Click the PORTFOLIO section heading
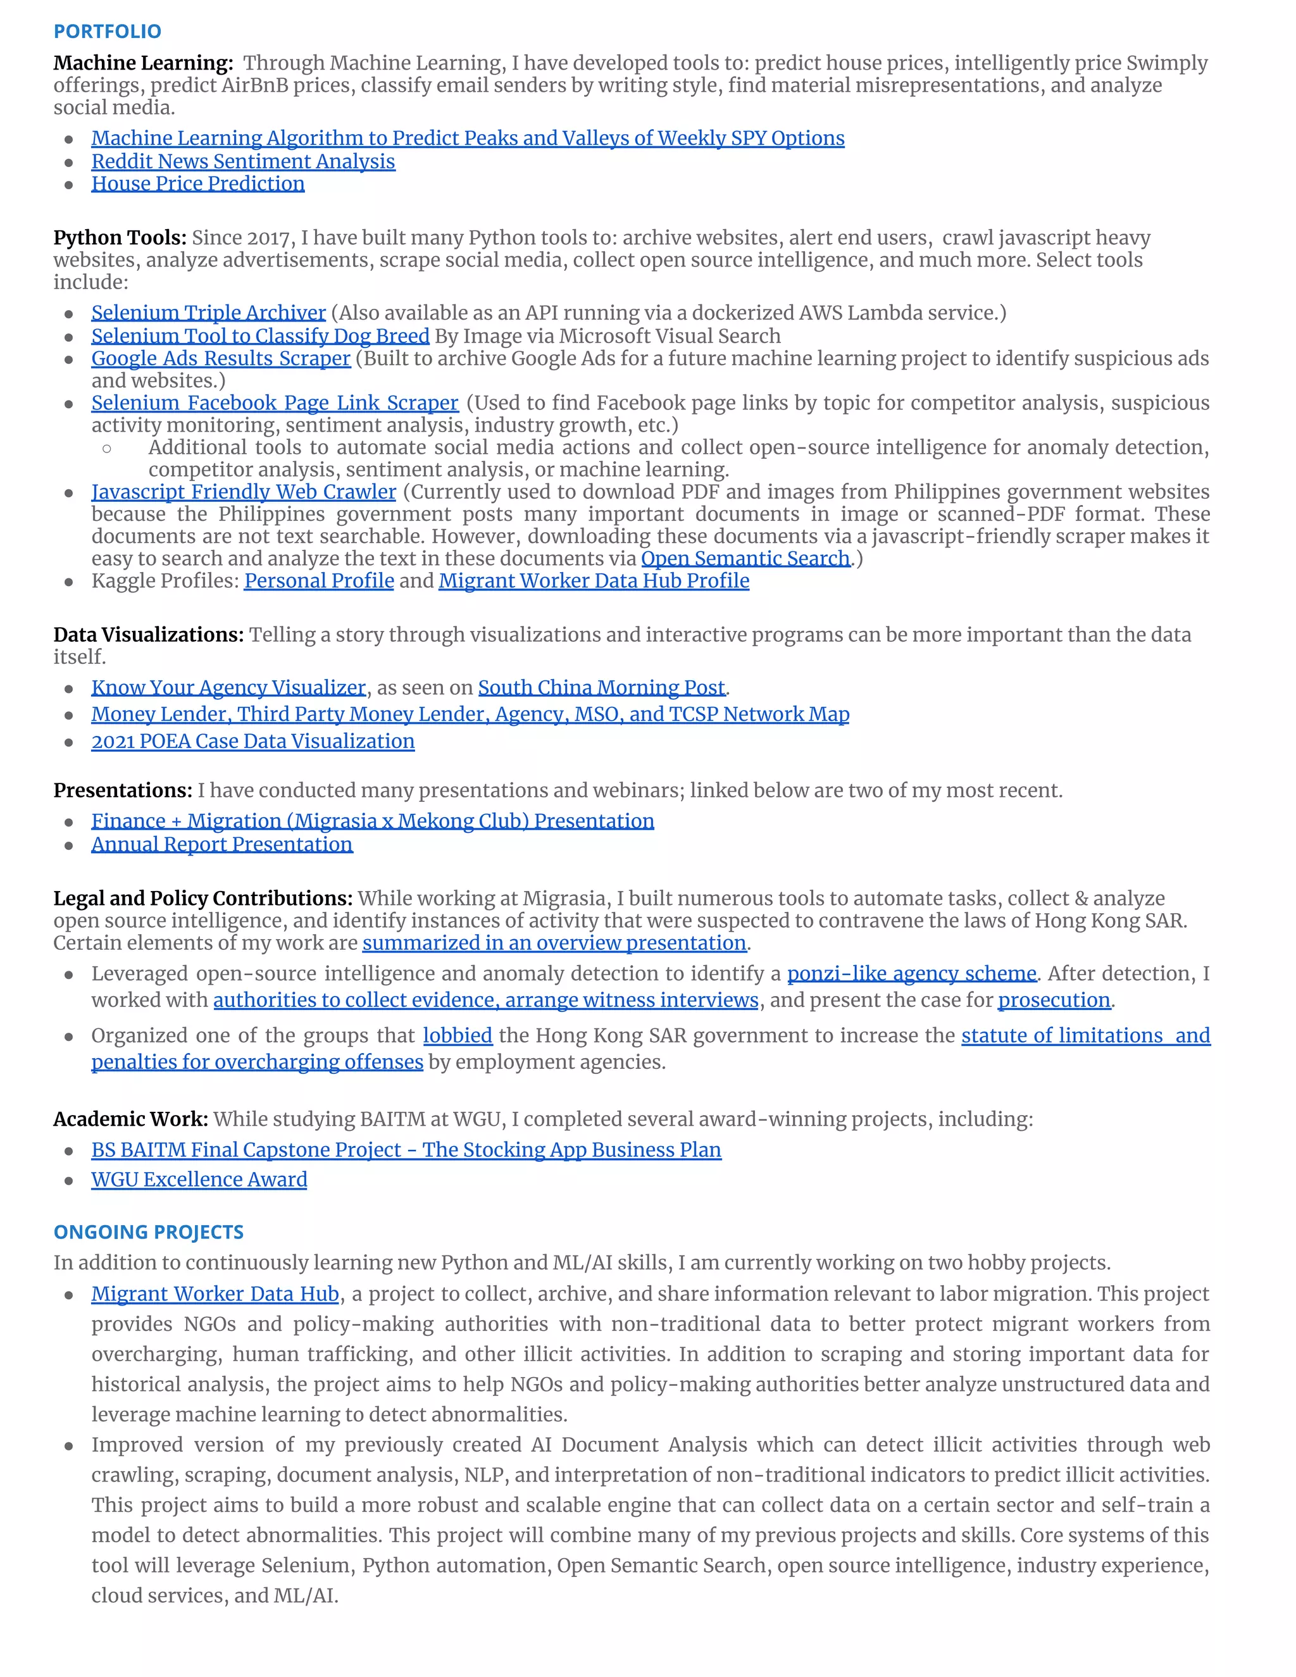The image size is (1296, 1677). tap(107, 32)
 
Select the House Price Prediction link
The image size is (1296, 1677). tap(197, 184)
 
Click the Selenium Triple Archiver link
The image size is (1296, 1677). tap(208, 313)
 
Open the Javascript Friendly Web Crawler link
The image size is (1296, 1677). tap(244, 492)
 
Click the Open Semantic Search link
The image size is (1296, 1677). tap(745, 558)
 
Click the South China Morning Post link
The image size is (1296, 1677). tap(601, 687)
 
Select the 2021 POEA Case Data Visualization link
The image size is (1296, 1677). tap(252, 741)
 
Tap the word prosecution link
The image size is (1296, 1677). tap(1054, 1000)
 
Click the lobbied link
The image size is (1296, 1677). tap(458, 1035)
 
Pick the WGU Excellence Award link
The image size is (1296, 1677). tap(199, 1180)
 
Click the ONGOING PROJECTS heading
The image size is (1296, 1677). tap(148, 1231)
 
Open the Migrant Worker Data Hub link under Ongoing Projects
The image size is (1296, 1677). tap(215, 1294)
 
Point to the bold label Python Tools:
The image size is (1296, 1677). tap(120, 237)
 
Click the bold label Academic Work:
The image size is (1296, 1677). tap(130, 1119)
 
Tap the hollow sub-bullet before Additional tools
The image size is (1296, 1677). tap(107, 449)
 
